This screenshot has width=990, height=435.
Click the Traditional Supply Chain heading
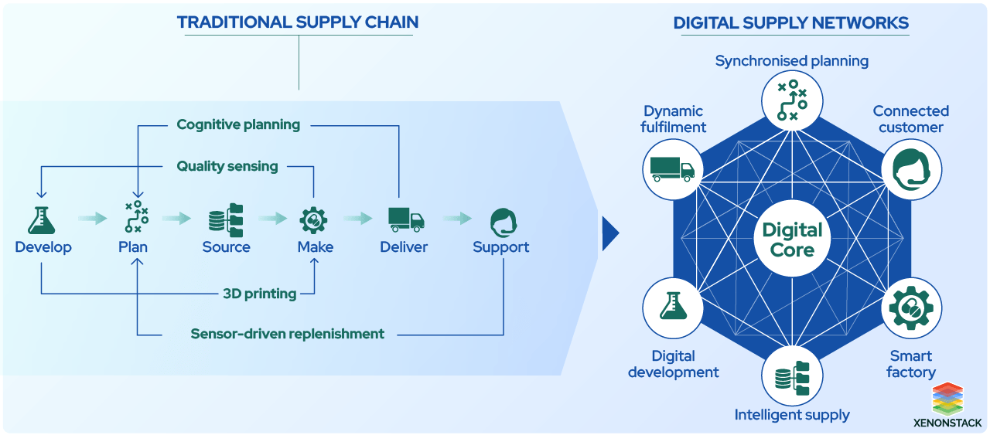tap(298, 22)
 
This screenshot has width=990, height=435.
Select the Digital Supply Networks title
tap(790, 23)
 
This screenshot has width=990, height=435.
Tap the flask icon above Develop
tap(43, 219)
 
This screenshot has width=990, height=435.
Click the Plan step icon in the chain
tap(137, 218)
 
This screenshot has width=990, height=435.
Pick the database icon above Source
tap(226, 219)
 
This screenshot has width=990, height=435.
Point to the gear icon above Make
tap(314, 219)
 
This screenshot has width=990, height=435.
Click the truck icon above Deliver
tap(405, 219)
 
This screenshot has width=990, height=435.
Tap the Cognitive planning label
tap(238, 124)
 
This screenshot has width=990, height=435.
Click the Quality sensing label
tap(227, 166)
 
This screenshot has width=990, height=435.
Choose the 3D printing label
tap(259, 294)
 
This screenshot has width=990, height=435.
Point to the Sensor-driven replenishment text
tap(287, 334)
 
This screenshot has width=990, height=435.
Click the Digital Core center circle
tap(792, 240)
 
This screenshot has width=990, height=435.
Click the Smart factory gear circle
tap(911, 308)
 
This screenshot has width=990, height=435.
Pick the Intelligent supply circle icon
tap(792, 377)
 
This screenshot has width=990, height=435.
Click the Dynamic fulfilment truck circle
tap(673, 170)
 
